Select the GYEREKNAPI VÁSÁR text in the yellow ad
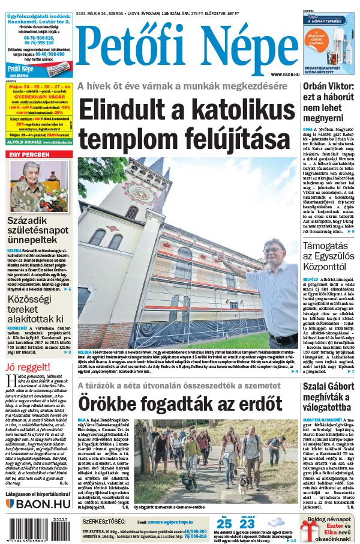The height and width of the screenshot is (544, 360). [x=39, y=95]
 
